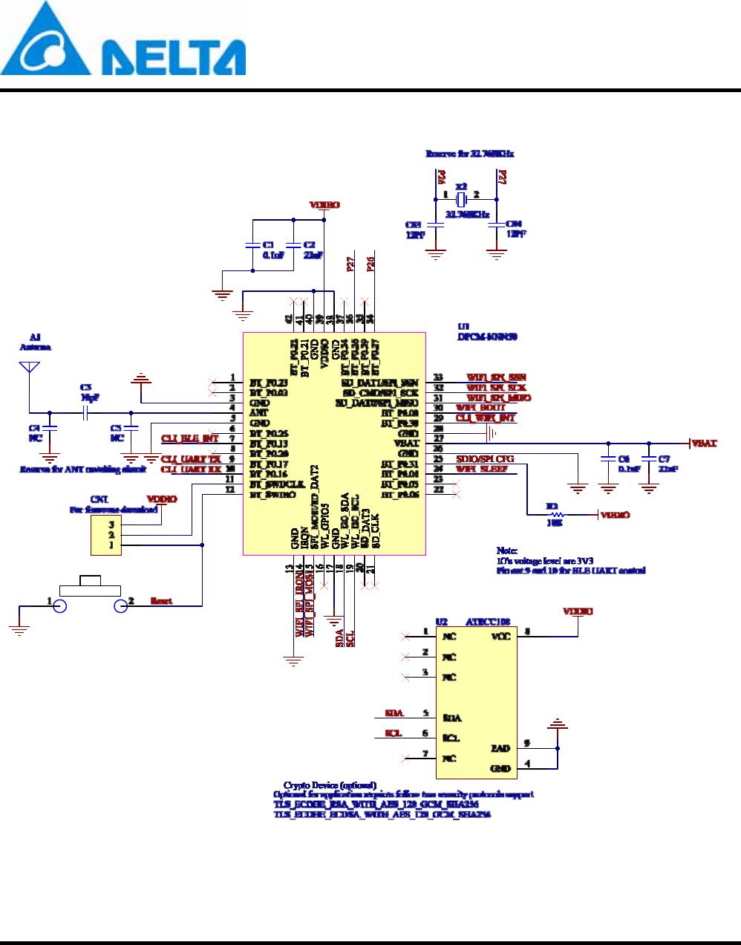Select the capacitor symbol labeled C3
pyautogui.click(x=86, y=412)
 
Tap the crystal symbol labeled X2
pyautogui.click(x=461, y=199)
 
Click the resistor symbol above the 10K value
pyautogui.click(x=553, y=514)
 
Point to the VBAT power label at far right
pyautogui.click(x=704, y=444)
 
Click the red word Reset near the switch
pyautogui.click(x=161, y=601)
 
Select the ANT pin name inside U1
pyautogui.click(x=258, y=412)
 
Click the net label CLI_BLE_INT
pyautogui.click(x=190, y=438)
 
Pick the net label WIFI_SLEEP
pyautogui.click(x=481, y=470)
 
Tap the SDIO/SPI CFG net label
pyautogui.click(x=485, y=459)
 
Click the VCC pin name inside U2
pyautogui.click(x=500, y=637)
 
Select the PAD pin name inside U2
pyautogui.click(x=500, y=748)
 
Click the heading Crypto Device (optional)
pyautogui.click(x=330, y=785)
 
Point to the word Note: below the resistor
pyautogui.click(x=507, y=551)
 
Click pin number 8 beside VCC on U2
pyautogui.click(x=527, y=631)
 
